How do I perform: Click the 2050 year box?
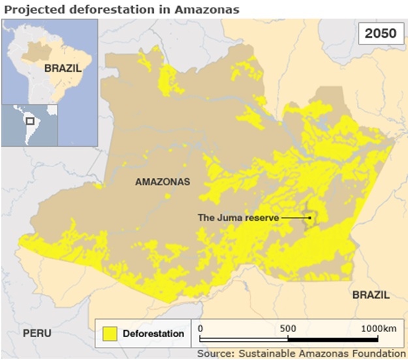(379, 33)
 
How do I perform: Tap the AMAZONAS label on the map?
(163, 182)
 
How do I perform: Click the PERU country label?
(37, 333)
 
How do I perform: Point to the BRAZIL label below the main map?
(371, 295)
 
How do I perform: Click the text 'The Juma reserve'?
(238, 218)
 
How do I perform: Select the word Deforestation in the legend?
(153, 334)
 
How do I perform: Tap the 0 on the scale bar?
(200, 328)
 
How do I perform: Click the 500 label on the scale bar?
(288, 328)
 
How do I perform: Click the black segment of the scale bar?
(333, 339)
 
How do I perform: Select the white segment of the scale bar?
(243, 339)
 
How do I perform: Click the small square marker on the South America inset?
(29, 121)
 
